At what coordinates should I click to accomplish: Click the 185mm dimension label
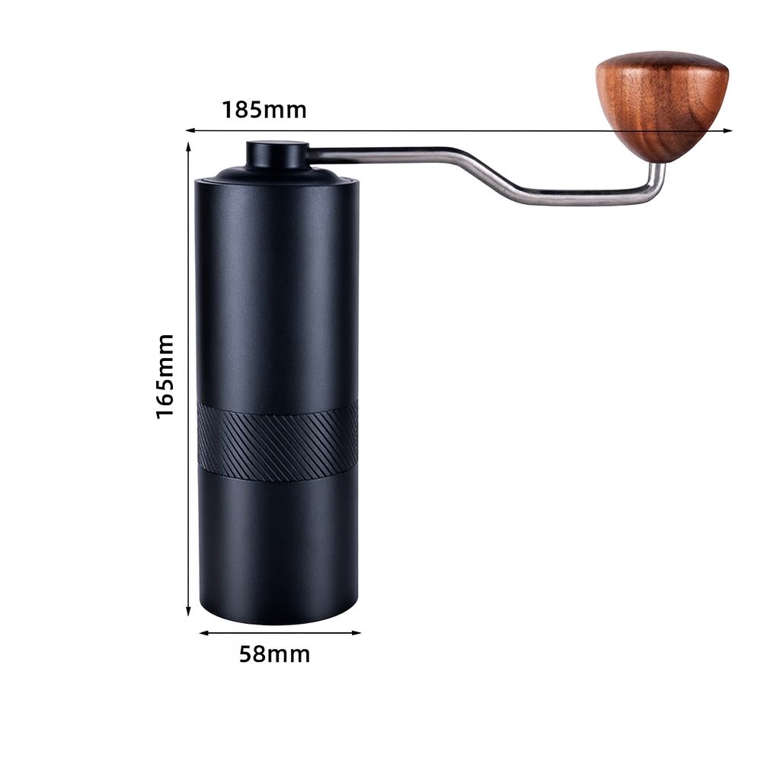pos(264,110)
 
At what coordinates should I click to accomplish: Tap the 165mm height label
pos(165,376)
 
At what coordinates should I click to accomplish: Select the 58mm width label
pos(274,654)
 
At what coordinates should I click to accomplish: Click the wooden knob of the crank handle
pos(662,103)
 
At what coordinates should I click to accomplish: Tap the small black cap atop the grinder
pos(277,155)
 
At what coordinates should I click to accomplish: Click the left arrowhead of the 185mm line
pos(190,130)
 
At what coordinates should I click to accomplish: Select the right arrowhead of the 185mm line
pos(729,131)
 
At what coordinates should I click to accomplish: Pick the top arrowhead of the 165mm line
pos(188,145)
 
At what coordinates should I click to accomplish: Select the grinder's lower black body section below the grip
pos(277,545)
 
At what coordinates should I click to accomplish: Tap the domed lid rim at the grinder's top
pos(277,177)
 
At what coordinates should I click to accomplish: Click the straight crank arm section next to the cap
pos(381,155)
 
